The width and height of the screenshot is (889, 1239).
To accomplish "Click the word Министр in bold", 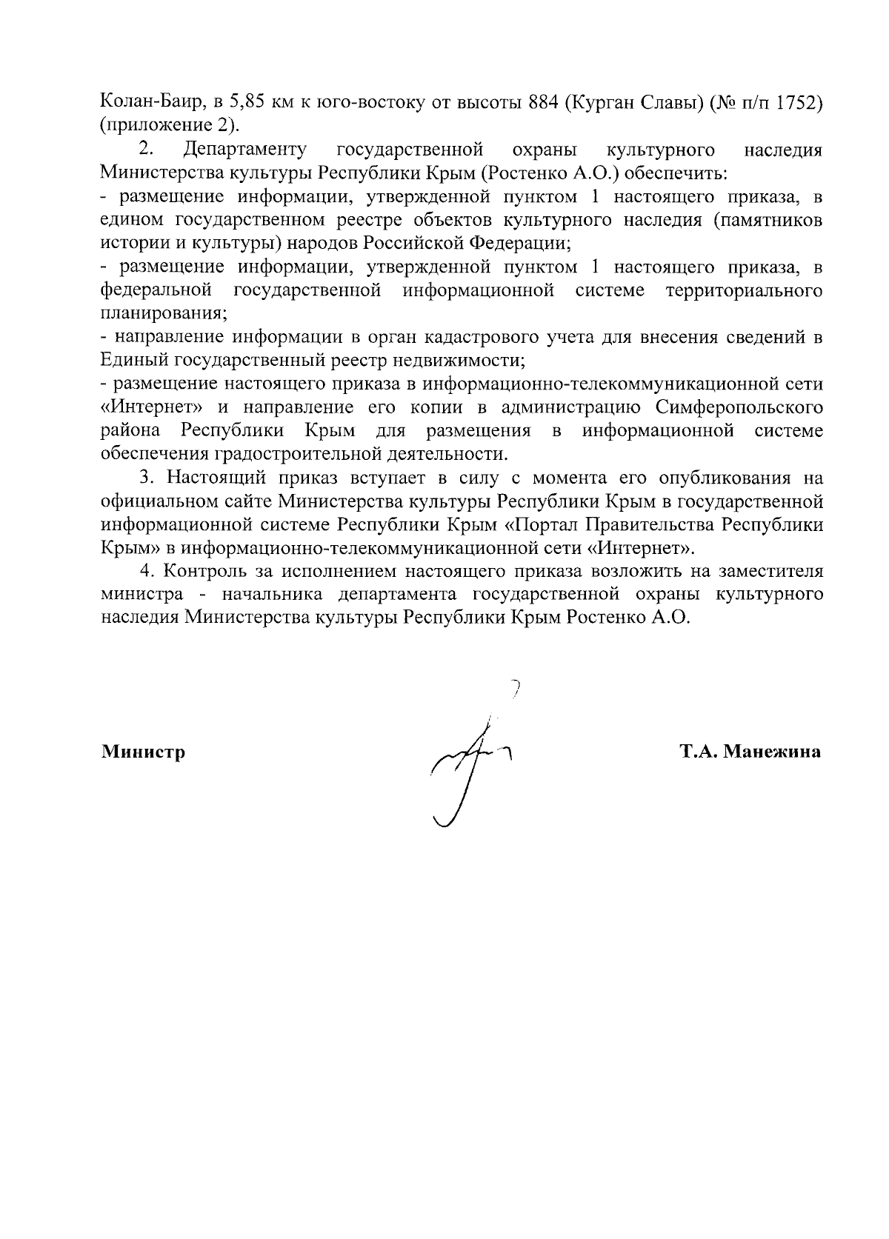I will pos(143,752).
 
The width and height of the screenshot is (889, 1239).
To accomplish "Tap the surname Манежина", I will pos(772,752).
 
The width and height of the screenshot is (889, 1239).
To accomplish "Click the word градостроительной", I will pos(307,452).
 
